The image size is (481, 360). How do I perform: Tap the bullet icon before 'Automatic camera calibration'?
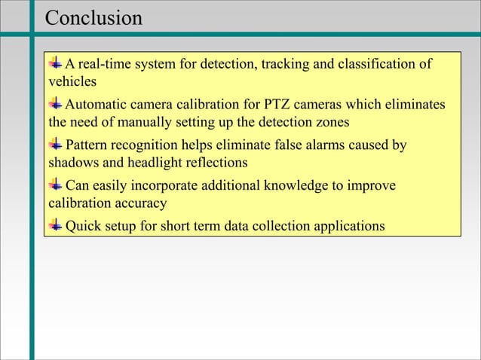point(57,103)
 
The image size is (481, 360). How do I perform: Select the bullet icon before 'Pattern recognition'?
point(57,144)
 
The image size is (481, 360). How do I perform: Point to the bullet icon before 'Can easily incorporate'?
point(57,185)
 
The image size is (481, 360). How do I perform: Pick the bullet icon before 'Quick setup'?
point(57,225)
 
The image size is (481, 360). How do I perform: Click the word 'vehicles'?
point(72,81)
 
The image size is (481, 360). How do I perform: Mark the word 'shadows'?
point(74,162)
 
